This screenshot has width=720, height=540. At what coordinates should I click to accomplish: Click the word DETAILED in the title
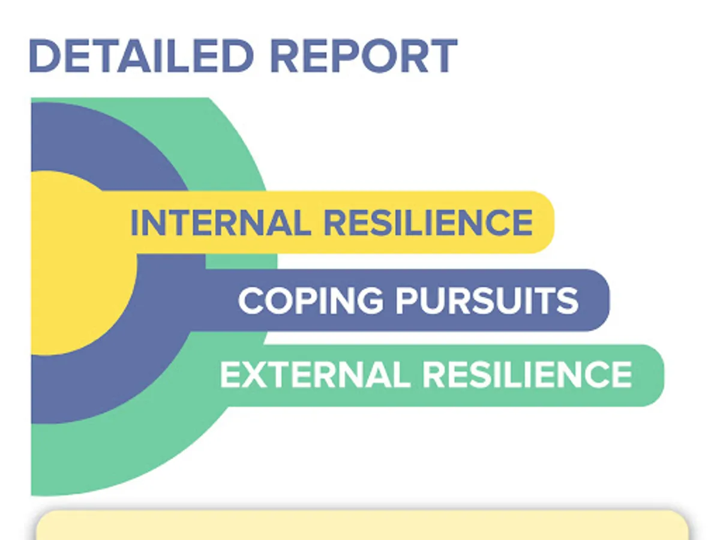[x=142, y=56]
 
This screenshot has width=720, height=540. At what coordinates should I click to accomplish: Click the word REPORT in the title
[x=364, y=56]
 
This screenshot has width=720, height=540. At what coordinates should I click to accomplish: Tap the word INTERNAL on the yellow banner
[x=221, y=223]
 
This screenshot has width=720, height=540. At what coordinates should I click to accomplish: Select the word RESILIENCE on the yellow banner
[x=428, y=223]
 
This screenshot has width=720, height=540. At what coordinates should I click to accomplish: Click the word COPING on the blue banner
[x=311, y=301]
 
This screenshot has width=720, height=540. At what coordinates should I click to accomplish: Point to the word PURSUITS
[x=487, y=301]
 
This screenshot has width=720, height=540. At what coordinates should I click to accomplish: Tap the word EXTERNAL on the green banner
[x=315, y=375]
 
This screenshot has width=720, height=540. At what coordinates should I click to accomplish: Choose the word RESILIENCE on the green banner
[x=527, y=375]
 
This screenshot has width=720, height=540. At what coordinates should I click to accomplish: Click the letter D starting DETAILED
[x=44, y=56]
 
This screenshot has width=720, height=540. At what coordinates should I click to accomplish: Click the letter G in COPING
[x=370, y=301]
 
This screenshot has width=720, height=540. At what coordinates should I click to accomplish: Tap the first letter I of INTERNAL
[x=134, y=223]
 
